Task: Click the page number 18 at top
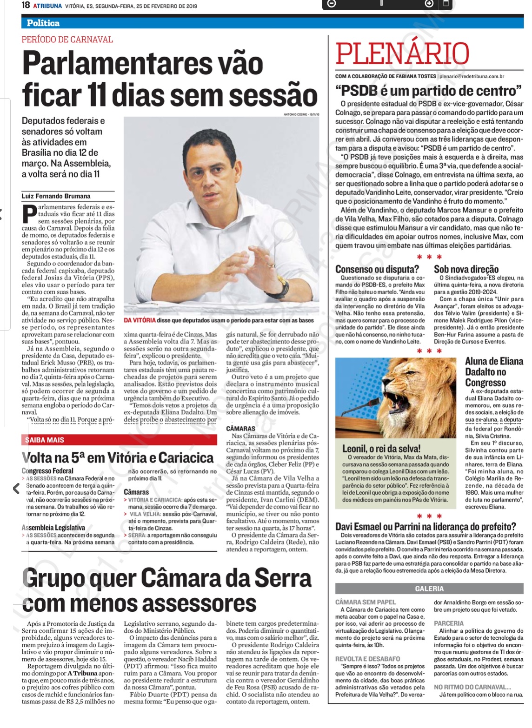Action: click(26, 6)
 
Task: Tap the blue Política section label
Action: click(43, 23)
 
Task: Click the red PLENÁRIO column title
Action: click(402, 54)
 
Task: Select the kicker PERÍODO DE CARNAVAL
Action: click(67, 40)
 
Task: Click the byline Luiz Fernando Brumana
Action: click(56, 196)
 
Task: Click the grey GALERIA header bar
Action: click(429, 589)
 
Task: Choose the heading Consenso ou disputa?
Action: click(377, 269)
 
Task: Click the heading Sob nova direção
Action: click(466, 269)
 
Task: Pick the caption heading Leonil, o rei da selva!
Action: click(381, 449)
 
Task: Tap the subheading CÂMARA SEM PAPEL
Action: click(366, 602)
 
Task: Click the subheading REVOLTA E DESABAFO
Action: click(367, 659)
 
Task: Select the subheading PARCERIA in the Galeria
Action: click(449, 623)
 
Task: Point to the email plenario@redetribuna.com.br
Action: click(472, 76)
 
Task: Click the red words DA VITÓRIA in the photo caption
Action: click(140, 320)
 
